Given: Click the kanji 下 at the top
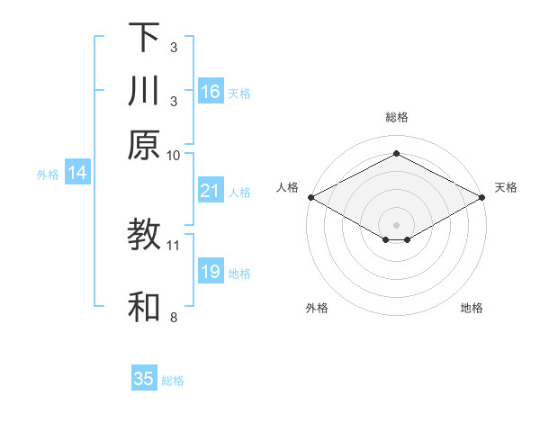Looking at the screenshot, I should [144, 37].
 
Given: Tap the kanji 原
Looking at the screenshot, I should [144, 143].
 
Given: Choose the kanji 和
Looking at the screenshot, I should [144, 307].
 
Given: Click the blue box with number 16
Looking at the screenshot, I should [211, 92].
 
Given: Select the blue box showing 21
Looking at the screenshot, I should [211, 191].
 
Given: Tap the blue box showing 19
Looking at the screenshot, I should [211, 272].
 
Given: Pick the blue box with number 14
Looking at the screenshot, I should [77, 174].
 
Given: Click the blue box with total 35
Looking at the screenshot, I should [144, 379].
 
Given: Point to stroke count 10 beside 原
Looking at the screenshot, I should [174, 155].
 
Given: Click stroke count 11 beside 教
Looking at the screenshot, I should [174, 245].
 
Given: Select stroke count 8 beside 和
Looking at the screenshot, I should [174, 317].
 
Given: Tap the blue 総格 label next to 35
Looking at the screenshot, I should [173, 381].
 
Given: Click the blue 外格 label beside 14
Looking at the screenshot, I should [48, 175].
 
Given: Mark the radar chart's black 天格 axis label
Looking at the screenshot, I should [506, 187].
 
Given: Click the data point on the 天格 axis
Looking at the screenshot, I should [482, 197].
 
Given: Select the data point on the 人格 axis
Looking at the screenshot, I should [310, 197].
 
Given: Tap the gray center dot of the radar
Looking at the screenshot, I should [396, 224].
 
